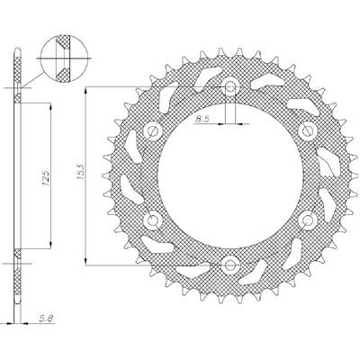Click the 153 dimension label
pos(80,172)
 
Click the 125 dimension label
pos(46,178)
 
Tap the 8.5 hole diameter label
pos(202,119)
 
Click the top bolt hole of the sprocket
pos(230,87)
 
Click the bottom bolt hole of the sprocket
pos(230,265)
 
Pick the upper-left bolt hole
pos(153,131)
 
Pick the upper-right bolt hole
pos(308,131)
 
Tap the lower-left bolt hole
pos(153,220)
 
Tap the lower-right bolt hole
pos(308,220)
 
